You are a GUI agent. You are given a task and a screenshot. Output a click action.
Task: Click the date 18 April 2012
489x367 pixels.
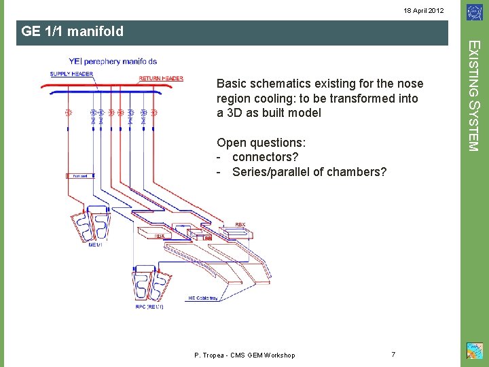coord(424,11)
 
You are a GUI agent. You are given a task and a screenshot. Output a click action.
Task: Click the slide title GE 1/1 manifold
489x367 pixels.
coord(73,31)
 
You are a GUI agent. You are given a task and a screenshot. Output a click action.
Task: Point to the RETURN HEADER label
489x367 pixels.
coord(161,78)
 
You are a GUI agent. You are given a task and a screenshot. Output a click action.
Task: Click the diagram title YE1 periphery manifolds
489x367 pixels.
coord(113,61)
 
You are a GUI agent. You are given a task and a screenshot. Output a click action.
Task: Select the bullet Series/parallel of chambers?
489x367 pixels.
coord(309,172)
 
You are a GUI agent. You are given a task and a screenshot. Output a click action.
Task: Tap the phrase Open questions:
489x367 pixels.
coord(261,143)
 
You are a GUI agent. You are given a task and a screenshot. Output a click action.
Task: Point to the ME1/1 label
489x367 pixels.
coord(96,245)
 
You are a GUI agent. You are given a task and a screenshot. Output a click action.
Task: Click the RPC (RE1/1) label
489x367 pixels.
coord(148,307)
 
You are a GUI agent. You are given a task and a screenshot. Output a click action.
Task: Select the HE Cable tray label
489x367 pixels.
coord(203,298)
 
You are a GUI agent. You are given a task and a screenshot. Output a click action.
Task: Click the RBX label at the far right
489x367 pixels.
coord(240,224)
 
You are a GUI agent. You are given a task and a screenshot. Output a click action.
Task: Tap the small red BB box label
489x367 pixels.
coord(208,238)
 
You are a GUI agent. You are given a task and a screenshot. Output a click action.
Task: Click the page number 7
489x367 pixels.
coord(394,354)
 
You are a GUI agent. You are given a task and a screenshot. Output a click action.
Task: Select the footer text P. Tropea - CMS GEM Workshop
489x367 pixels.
coord(244,355)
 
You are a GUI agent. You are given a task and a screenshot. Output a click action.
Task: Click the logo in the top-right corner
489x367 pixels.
coord(473,12)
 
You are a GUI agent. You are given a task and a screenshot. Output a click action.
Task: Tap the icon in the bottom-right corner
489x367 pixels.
coord(473,351)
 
